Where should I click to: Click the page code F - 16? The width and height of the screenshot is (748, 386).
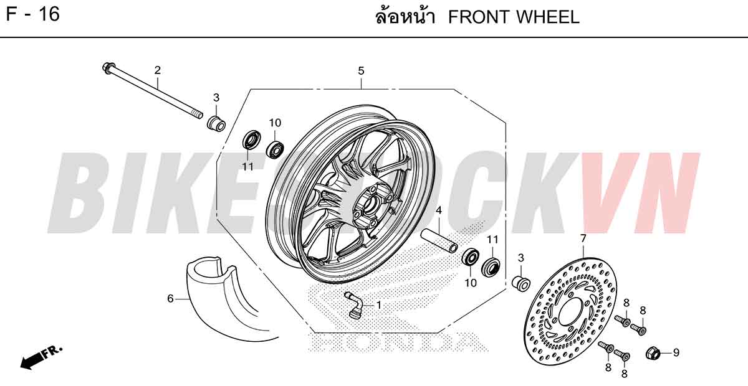(x=32, y=14)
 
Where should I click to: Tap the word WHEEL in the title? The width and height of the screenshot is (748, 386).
(x=546, y=17)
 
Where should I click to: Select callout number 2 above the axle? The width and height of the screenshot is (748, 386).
(x=157, y=70)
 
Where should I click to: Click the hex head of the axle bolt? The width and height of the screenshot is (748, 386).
(x=108, y=68)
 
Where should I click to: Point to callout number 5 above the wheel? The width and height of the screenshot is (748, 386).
(x=361, y=71)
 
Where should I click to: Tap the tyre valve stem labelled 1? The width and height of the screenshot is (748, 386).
(x=354, y=304)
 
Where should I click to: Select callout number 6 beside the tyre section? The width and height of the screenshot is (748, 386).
(x=170, y=299)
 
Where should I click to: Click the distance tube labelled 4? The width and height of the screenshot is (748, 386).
(x=439, y=240)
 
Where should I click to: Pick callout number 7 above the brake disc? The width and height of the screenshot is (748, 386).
(x=583, y=238)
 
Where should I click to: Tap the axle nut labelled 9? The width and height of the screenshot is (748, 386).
(x=653, y=352)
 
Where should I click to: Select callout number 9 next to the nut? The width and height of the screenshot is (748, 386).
(x=676, y=352)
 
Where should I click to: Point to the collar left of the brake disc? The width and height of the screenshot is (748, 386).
(x=521, y=283)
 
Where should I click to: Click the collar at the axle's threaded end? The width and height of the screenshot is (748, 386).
(x=216, y=123)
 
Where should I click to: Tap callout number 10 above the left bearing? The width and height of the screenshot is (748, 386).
(x=275, y=123)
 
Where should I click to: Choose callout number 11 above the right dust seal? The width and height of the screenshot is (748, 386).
(x=492, y=240)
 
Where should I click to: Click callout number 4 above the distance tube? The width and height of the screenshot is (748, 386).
(x=439, y=210)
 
